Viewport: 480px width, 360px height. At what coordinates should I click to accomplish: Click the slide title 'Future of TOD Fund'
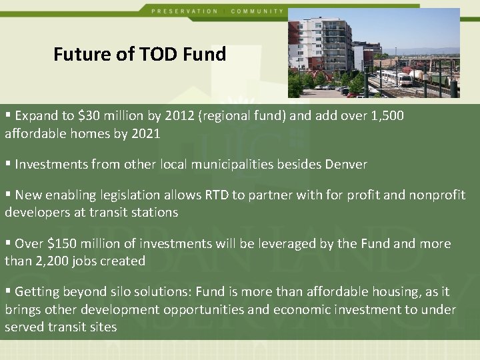tap(140, 54)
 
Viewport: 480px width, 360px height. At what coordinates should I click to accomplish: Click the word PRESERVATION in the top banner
tap(185, 11)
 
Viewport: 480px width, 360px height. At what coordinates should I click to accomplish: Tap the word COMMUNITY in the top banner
tap(257, 11)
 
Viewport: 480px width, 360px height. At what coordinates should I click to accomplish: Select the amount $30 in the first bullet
tap(87, 116)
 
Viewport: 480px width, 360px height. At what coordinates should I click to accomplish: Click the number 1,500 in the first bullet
tap(386, 116)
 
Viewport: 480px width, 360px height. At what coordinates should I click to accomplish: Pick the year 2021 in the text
tap(146, 133)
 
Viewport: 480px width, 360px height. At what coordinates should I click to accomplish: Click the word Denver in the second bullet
tap(346, 164)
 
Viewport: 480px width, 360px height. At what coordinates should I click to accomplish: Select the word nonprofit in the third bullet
tap(437, 195)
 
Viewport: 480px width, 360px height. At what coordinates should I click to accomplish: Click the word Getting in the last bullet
tap(36, 292)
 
